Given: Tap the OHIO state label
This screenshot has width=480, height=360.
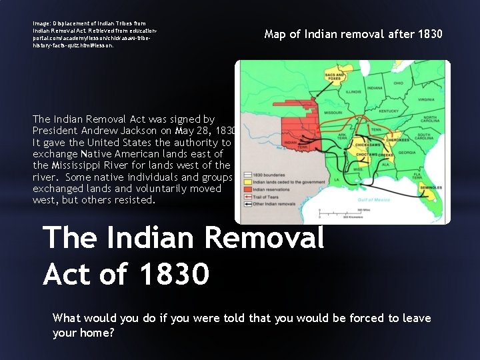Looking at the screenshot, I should pos(398,83).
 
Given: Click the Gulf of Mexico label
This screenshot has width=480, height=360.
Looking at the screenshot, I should pos(373,200).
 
